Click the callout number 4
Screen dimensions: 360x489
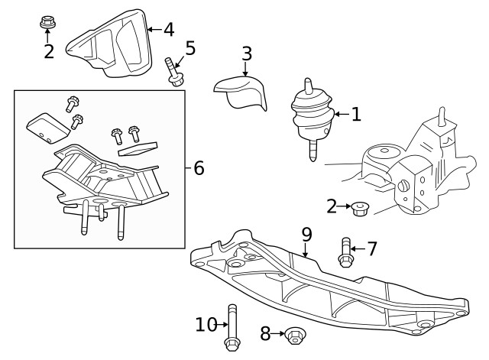pos(168,30)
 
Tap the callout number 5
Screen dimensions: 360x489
pos(190,48)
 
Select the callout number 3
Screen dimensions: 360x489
pos(246,54)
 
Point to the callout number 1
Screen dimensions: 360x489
pos(355,115)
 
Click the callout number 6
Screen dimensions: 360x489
pos(199,167)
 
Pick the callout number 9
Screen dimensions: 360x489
pos(306,233)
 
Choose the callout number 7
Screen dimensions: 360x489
pos(371,248)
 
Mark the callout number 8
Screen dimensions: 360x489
pos(266,333)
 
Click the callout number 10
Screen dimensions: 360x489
pos(206,325)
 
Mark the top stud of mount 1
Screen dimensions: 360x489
pos(307,85)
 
